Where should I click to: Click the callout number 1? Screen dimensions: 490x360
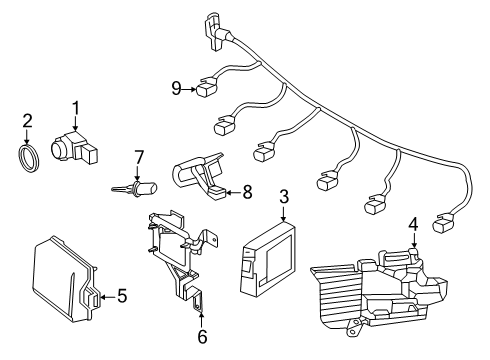(76, 109)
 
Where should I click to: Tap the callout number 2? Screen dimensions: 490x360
(27, 121)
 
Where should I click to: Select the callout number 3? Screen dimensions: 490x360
(284, 197)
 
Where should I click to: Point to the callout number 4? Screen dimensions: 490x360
(413, 224)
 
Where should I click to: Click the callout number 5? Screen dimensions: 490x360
(122, 296)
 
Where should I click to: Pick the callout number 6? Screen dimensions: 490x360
(202, 337)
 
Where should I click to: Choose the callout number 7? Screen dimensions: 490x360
(139, 157)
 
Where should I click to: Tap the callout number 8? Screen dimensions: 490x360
(247, 192)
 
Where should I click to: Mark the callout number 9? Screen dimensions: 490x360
(176, 89)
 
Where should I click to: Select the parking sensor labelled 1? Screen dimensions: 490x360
(74, 148)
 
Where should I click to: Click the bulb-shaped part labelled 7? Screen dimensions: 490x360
(134, 188)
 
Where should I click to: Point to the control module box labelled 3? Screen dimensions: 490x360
(268, 257)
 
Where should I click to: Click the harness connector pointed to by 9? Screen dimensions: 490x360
(207, 88)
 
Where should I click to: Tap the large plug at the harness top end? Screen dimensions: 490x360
(216, 31)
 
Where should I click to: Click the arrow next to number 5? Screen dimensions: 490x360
(108, 297)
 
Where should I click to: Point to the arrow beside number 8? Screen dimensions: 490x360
(233, 192)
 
